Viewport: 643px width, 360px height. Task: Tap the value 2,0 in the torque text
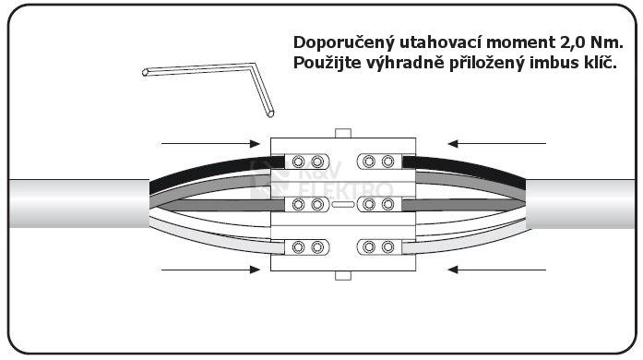tap(563, 43)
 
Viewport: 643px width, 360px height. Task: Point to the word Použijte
tap(327, 64)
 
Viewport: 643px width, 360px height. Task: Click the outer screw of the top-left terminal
tap(298, 162)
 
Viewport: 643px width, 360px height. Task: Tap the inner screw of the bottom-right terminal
tap(370, 247)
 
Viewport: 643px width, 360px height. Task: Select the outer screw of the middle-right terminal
tap(388, 204)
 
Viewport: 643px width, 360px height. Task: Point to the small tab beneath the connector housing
tap(343, 275)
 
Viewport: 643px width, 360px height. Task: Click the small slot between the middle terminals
tap(343, 204)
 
